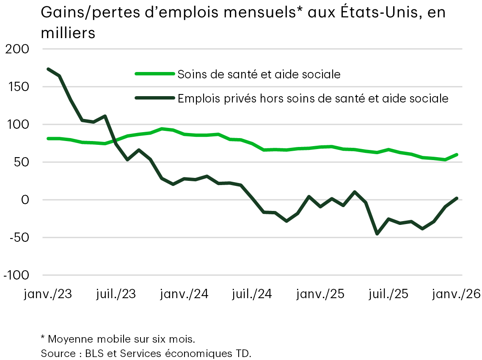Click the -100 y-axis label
16,275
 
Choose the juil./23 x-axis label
116,294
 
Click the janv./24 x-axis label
185,294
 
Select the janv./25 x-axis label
320,294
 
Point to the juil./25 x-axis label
388,294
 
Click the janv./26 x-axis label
455,294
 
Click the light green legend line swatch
154,74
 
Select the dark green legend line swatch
154,98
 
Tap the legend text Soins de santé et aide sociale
259,74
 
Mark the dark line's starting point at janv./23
48,69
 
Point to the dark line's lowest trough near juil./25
377,233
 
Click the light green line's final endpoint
457,155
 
